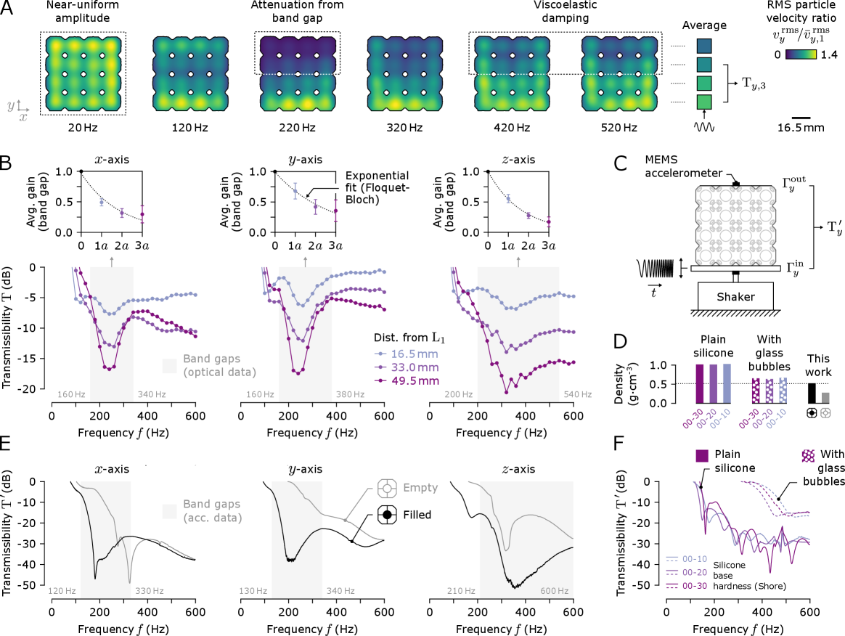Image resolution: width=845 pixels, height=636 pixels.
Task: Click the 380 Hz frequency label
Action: (349, 395)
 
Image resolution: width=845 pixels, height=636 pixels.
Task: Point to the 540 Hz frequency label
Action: (577, 395)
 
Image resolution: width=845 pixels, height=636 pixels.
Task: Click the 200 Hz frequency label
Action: (458, 395)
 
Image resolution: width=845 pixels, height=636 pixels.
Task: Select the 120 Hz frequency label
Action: (62, 591)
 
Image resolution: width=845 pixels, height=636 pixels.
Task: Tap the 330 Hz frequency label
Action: (150, 591)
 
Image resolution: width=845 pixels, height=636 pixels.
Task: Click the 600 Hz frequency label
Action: (554, 591)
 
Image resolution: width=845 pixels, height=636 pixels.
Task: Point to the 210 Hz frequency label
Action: (461, 591)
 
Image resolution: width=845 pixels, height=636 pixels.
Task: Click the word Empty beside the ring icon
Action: (420, 488)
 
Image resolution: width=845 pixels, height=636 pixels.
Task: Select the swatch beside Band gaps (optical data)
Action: (169, 366)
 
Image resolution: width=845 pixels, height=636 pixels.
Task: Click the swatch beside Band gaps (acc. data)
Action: (169, 511)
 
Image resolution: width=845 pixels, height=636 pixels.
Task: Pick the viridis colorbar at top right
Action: (801, 54)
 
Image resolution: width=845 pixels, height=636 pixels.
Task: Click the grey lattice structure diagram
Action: (736, 226)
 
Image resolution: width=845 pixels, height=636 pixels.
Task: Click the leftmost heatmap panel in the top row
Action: (82, 73)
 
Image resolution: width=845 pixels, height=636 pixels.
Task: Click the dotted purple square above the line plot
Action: (808, 455)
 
